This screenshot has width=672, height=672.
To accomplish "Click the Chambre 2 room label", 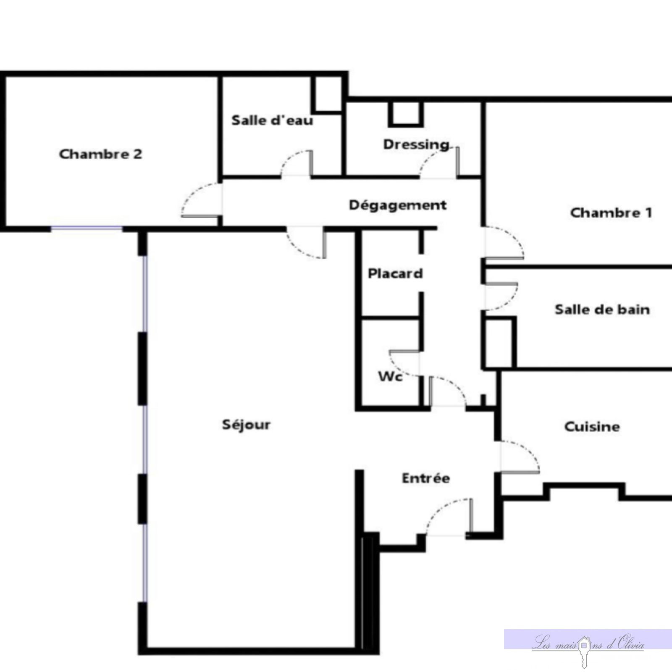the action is (x=101, y=154).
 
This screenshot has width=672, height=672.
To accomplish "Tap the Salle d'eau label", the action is (x=272, y=121).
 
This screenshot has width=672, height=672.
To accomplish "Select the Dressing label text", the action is (x=416, y=145).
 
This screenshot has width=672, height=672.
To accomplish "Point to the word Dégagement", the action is (x=398, y=205).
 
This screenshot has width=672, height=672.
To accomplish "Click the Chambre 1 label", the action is (x=611, y=213).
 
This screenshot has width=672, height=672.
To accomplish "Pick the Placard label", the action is (x=395, y=274).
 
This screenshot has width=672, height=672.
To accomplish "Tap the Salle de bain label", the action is (x=602, y=310).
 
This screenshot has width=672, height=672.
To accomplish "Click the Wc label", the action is (x=390, y=376).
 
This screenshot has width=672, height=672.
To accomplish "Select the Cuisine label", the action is (x=592, y=427).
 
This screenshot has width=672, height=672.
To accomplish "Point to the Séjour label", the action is (x=246, y=425).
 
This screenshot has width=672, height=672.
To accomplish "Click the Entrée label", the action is (x=426, y=478).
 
